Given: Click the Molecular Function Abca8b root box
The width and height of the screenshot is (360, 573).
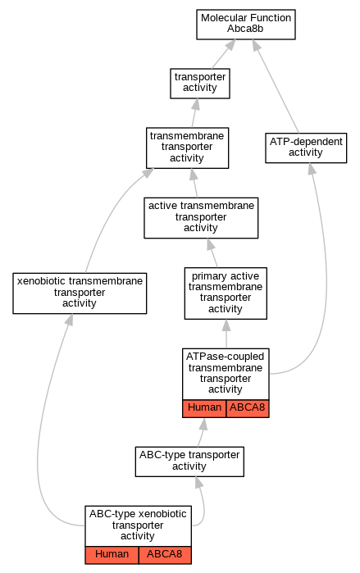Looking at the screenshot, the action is click(246, 25).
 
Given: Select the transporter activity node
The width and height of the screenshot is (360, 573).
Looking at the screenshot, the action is click(200, 84).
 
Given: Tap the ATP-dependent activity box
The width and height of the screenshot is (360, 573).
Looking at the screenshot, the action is click(306, 148).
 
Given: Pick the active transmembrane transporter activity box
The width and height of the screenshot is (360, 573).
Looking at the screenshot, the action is click(201, 218).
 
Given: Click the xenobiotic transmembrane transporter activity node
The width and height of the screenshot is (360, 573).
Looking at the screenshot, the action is click(80, 293).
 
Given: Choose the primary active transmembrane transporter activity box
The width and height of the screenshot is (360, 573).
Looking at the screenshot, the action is click(226, 293).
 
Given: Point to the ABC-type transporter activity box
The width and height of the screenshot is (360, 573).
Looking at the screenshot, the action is click(189, 462).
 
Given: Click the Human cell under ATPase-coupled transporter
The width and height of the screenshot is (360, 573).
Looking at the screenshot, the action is click(204, 408).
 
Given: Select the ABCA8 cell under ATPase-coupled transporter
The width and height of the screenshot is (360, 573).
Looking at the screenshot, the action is click(248, 408).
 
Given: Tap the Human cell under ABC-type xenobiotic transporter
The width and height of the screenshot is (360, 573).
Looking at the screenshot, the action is click(112, 555).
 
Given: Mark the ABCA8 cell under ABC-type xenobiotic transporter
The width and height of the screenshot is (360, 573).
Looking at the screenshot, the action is click(165, 555).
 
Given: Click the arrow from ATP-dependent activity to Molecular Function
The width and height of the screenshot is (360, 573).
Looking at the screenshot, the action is click(276, 87).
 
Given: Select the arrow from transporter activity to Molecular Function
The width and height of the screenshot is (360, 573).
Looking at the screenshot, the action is click(224, 54).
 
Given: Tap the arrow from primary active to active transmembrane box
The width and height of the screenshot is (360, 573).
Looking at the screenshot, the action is click(212, 252).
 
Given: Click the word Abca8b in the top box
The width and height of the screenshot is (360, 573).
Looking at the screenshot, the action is click(245, 29).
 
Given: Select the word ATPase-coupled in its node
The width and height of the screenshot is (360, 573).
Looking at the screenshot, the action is click(226, 357).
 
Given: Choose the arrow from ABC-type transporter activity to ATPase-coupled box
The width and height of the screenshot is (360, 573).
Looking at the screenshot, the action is click(201, 432).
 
